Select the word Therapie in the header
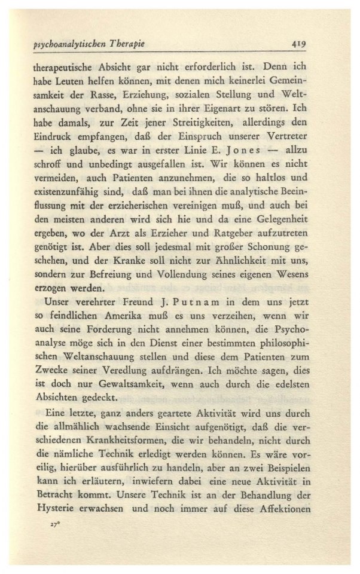click(131, 44)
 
